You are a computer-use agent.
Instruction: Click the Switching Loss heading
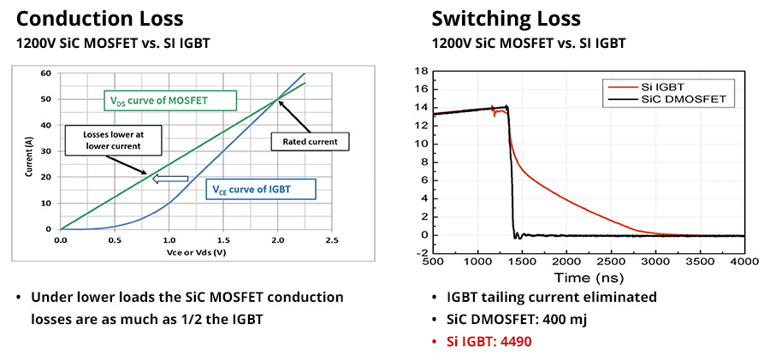(506, 19)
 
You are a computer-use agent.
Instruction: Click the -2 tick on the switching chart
(419, 253)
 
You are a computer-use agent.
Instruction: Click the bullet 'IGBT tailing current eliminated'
(552, 297)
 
